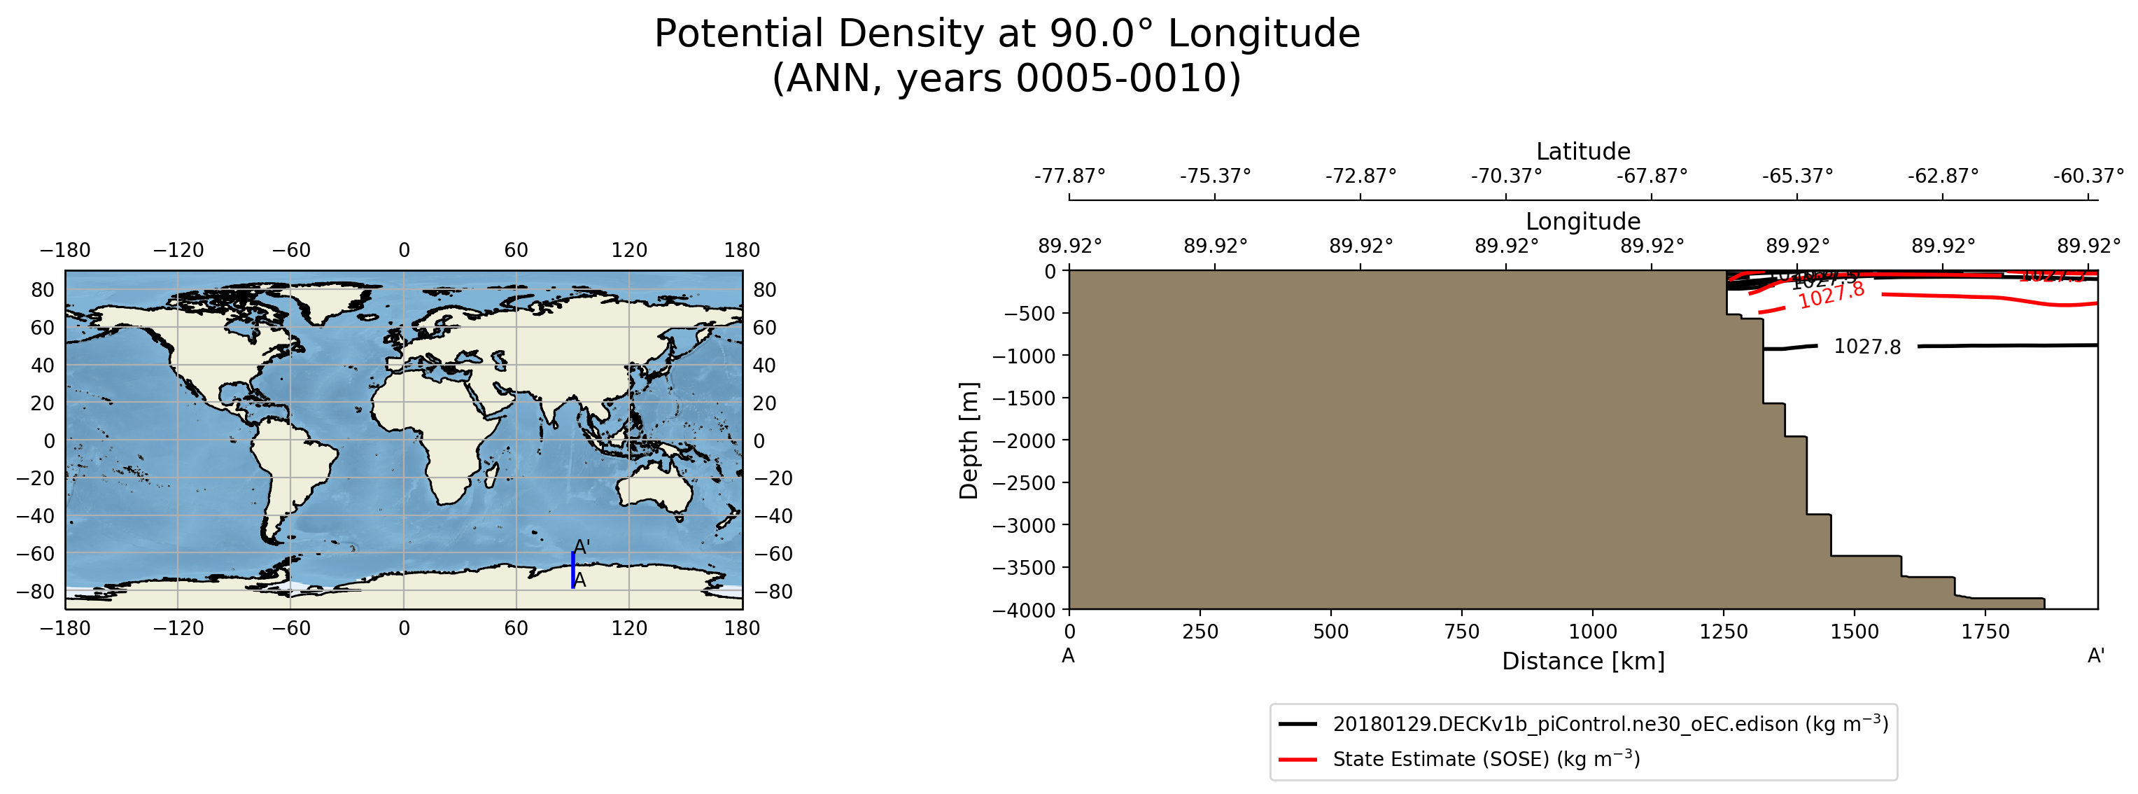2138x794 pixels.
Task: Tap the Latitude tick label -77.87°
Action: pyautogui.click(x=1070, y=176)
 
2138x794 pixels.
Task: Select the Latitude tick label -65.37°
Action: pyautogui.click(x=1797, y=176)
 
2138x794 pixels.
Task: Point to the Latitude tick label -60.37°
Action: pyautogui.click(x=2088, y=176)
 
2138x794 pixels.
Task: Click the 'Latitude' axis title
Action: pyautogui.click(x=1583, y=151)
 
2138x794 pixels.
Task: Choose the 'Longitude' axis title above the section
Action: pyautogui.click(x=1583, y=221)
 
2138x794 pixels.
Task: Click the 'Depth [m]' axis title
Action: pyautogui.click(x=969, y=440)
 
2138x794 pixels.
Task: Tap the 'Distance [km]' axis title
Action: pyautogui.click(x=1583, y=661)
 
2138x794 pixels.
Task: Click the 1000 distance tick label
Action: pyautogui.click(x=1593, y=632)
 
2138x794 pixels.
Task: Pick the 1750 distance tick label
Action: pyautogui.click(x=1985, y=632)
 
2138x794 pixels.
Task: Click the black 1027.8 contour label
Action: pyautogui.click(x=1866, y=347)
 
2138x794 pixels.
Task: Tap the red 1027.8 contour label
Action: pyautogui.click(x=1831, y=295)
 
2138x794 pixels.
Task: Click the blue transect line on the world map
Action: pyautogui.click(x=572, y=570)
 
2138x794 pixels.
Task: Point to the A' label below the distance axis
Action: pyautogui.click(x=2096, y=656)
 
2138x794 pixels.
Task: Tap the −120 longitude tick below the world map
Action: pyautogui.click(x=178, y=629)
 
